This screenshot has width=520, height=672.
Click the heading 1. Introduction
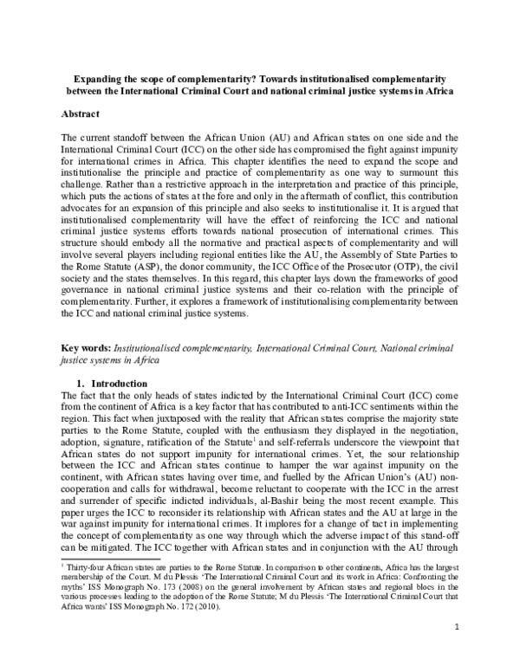(120, 384)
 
